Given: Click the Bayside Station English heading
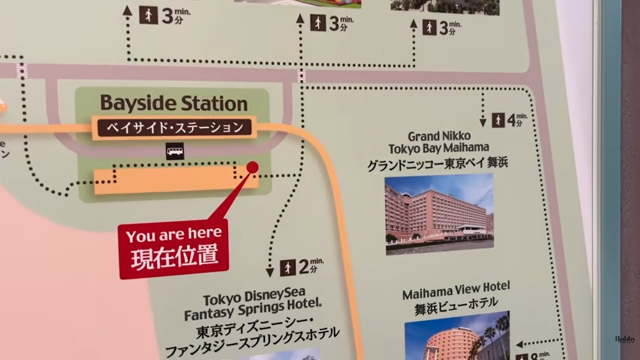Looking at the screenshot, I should tap(174, 103).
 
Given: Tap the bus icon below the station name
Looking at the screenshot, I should tap(175, 151).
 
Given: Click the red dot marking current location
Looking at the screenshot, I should tap(253, 167).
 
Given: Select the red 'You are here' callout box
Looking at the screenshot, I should tap(173, 248).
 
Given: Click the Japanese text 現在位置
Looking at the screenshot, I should tap(174, 257).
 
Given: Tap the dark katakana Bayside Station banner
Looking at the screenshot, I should tap(174, 127).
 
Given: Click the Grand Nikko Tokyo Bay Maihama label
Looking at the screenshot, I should tap(439, 142).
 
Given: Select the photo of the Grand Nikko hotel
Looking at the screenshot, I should tap(439, 214).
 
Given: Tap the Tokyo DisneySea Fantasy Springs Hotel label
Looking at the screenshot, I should tap(253, 305).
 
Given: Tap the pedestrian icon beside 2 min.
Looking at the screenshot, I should tap(288, 268).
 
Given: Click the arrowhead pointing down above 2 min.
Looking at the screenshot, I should tap(270, 272).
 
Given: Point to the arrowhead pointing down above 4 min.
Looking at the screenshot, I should tap(483, 123).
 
